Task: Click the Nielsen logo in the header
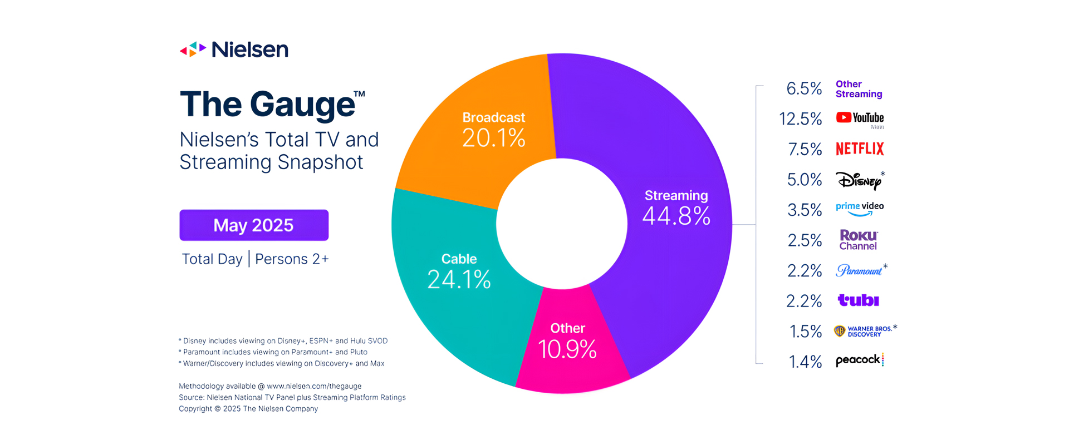click(234, 50)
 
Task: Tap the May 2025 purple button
click(254, 225)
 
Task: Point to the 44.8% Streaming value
click(676, 216)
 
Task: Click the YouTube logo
click(860, 118)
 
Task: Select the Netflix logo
click(860, 149)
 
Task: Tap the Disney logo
click(859, 180)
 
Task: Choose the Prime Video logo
click(860, 209)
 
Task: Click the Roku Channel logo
click(859, 240)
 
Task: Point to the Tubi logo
click(858, 300)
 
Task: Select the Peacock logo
click(859, 360)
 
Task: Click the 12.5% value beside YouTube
click(800, 119)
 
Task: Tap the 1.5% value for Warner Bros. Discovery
click(806, 332)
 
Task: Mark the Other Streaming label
click(859, 89)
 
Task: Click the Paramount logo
click(859, 270)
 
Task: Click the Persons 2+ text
click(292, 259)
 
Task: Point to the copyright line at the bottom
click(248, 409)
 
